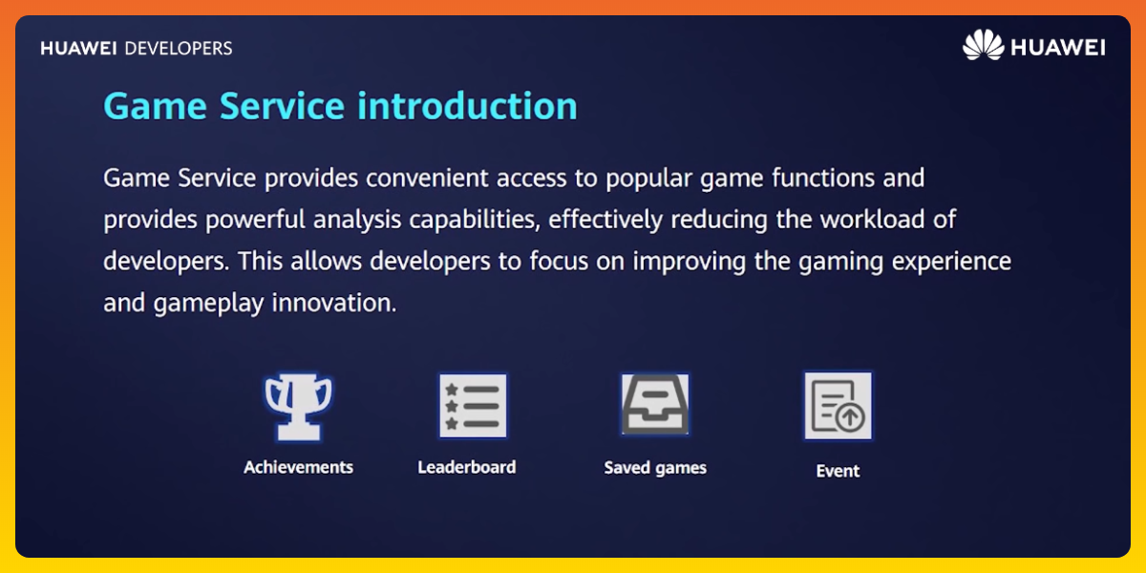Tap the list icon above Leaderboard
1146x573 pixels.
click(473, 406)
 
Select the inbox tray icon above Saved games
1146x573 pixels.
click(655, 405)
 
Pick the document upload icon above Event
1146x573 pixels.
click(838, 406)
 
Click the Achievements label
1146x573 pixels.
click(298, 467)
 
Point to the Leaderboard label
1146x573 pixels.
click(466, 467)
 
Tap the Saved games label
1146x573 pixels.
click(655, 468)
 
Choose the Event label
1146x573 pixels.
click(838, 471)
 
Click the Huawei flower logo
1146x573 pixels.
click(983, 46)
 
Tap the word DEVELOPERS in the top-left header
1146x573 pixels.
click(179, 48)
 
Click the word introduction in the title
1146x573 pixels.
click(468, 106)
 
